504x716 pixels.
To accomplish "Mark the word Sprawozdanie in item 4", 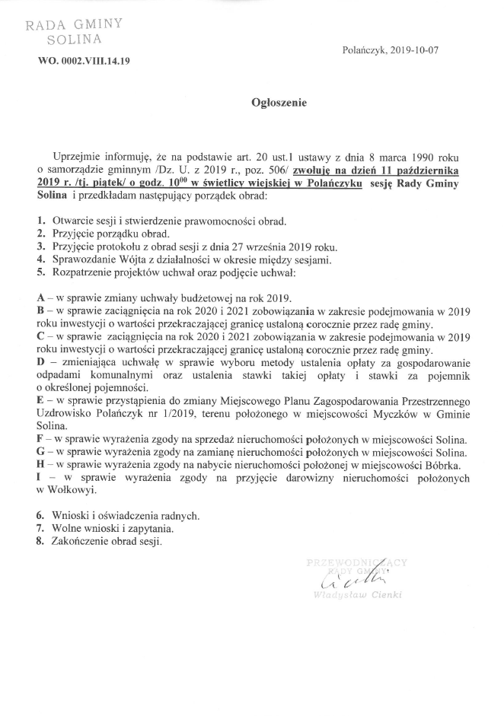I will tap(85, 259).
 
